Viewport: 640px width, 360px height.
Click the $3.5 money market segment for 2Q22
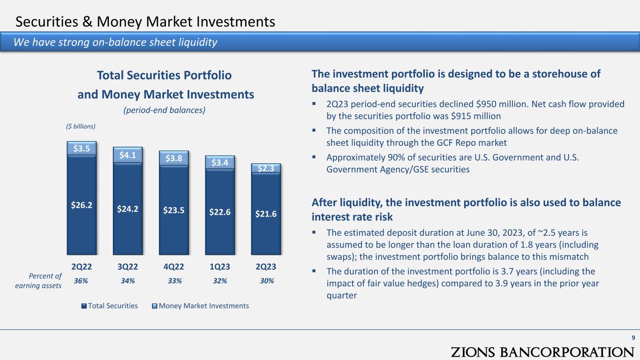[x=82, y=148]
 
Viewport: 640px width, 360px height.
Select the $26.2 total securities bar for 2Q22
[x=82, y=205]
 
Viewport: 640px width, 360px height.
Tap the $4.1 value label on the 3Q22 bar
[x=128, y=155]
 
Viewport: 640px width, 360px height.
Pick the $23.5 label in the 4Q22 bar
[x=173, y=210]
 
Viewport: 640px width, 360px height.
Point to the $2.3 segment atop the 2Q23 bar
[x=266, y=168]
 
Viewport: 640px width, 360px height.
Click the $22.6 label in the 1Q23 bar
[x=220, y=212]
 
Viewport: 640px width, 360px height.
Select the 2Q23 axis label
[x=266, y=267]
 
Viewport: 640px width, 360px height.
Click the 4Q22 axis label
[x=173, y=267]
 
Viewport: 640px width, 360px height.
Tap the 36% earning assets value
[x=81, y=281]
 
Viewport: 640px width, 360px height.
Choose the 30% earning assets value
[x=267, y=281]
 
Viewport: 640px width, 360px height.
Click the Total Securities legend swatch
[x=84, y=306]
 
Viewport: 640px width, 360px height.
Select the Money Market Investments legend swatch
[x=155, y=306]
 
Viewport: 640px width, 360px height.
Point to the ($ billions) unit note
[x=81, y=126]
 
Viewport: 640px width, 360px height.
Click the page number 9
[x=633, y=337]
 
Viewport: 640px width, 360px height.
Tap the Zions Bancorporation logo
[x=542, y=352]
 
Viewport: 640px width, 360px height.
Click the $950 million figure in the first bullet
[x=502, y=104]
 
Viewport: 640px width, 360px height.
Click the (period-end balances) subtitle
[x=164, y=110]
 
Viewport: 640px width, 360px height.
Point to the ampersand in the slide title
[x=87, y=22]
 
